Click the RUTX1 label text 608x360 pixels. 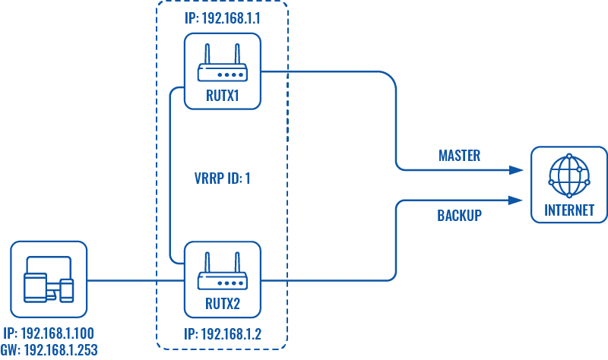[223, 96]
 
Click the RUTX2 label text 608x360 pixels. [223, 305]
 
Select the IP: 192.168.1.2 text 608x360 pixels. [222, 334]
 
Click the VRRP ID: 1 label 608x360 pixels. [223, 180]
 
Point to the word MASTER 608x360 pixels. [459, 156]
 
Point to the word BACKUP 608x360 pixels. [459, 216]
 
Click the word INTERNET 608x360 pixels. [569, 211]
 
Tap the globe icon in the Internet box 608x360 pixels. [569, 175]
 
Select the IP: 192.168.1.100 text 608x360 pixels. [49, 334]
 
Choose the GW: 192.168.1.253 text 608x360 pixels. [49, 350]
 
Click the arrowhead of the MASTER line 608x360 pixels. [518, 169]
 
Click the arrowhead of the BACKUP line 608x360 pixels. [518, 200]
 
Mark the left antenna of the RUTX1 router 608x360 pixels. [207, 55]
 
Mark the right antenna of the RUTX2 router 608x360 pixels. [238, 264]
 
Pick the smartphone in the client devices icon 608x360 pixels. [67, 289]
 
